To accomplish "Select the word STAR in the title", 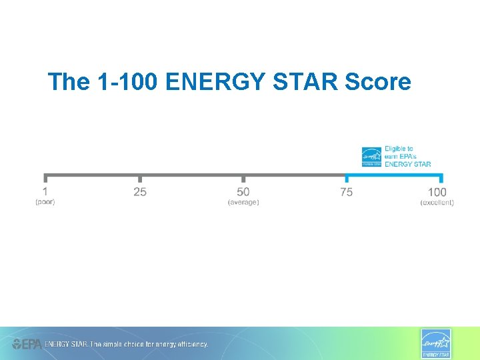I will [299, 82].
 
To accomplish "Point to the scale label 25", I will [140, 192].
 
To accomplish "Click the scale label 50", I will [243, 192].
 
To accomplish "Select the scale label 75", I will [346, 192].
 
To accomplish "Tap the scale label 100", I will [437, 192].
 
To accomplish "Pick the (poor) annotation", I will [45, 202].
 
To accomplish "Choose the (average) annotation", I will [243, 202].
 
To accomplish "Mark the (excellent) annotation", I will [437, 202].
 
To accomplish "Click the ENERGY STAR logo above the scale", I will [371, 157].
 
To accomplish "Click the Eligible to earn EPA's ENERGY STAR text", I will [407, 157].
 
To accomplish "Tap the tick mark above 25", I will [140, 178].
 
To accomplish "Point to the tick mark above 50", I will [243, 178].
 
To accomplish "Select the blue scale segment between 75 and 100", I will [393, 176].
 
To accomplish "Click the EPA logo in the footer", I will [27, 344].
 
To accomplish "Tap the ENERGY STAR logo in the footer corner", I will [435, 343].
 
